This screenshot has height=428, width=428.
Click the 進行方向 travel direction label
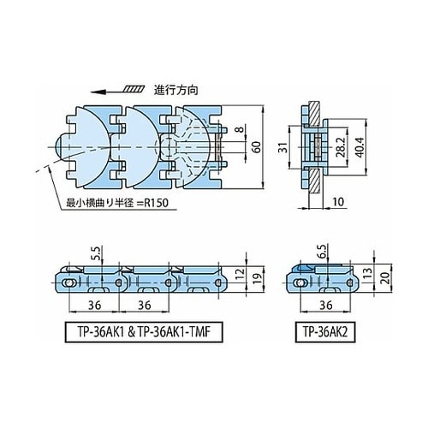point(175,91)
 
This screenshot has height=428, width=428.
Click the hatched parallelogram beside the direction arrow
point(134,89)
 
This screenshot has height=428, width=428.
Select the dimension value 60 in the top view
point(257,147)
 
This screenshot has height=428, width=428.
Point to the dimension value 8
point(241,129)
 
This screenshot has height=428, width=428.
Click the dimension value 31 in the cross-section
point(282,147)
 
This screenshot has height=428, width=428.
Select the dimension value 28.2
point(340,147)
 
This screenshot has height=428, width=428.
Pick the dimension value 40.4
point(360,147)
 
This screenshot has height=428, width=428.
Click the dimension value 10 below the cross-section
point(338,202)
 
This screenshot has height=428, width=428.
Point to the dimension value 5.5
point(97,254)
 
